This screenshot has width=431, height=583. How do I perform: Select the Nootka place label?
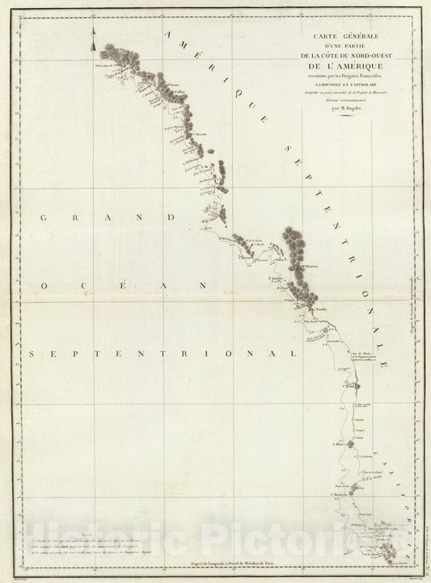tap(320, 309)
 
